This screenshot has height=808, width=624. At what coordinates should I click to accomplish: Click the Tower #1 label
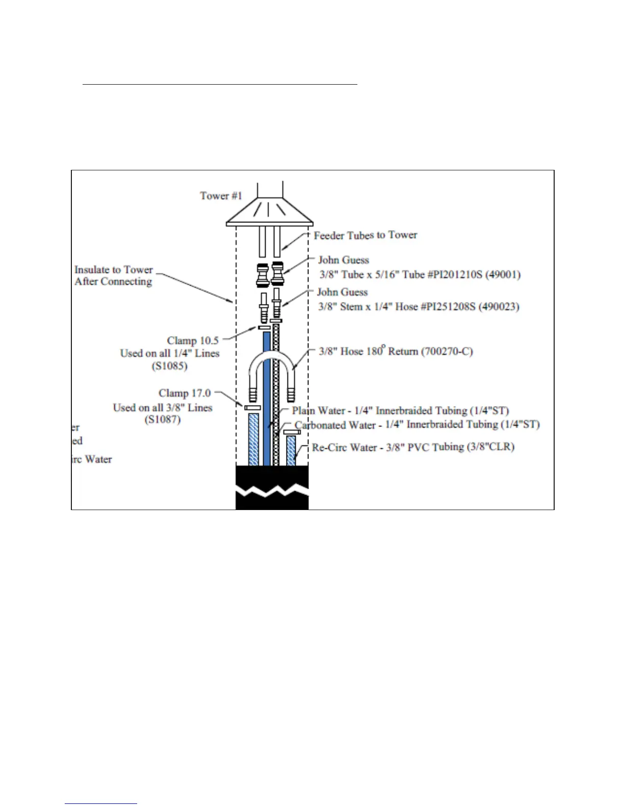pos(221,196)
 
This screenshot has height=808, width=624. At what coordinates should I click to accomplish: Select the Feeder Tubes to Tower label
pos(365,235)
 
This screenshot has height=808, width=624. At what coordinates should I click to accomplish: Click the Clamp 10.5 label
pos(193,341)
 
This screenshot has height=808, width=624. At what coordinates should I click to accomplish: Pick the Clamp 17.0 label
pos(185,393)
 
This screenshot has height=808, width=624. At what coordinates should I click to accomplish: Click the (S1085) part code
pos(170,366)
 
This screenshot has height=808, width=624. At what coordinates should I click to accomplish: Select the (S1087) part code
pos(163,420)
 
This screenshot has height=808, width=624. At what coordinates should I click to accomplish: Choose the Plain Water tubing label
pos(400,411)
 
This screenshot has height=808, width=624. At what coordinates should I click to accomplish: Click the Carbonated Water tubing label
pos(417,424)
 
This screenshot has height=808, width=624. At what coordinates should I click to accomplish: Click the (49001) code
pos(503,274)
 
